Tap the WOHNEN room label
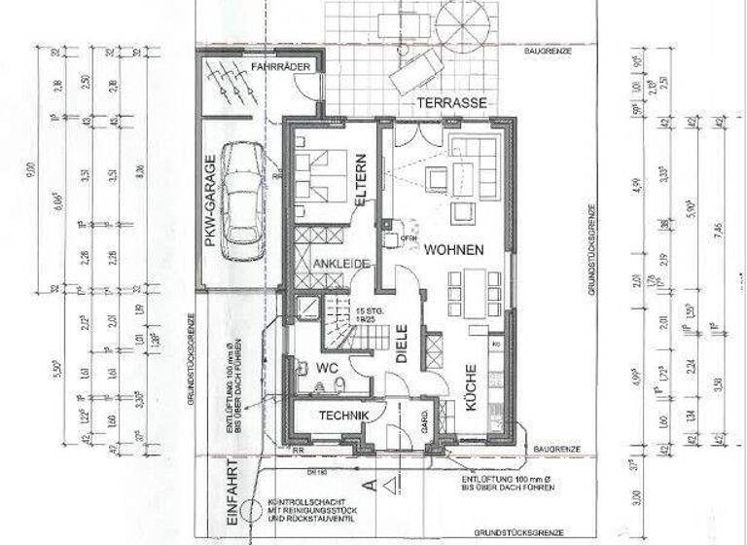pyautogui.click(x=453, y=249)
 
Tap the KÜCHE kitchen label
pyautogui.click(x=470, y=385)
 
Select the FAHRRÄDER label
pyautogui.click(x=281, y=66)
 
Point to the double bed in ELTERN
pyautogui.click(x=322, y=175)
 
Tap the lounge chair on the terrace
pyautogui.click(x=417, y=70)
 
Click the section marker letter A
pyautogui.click(x=367, y=481)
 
